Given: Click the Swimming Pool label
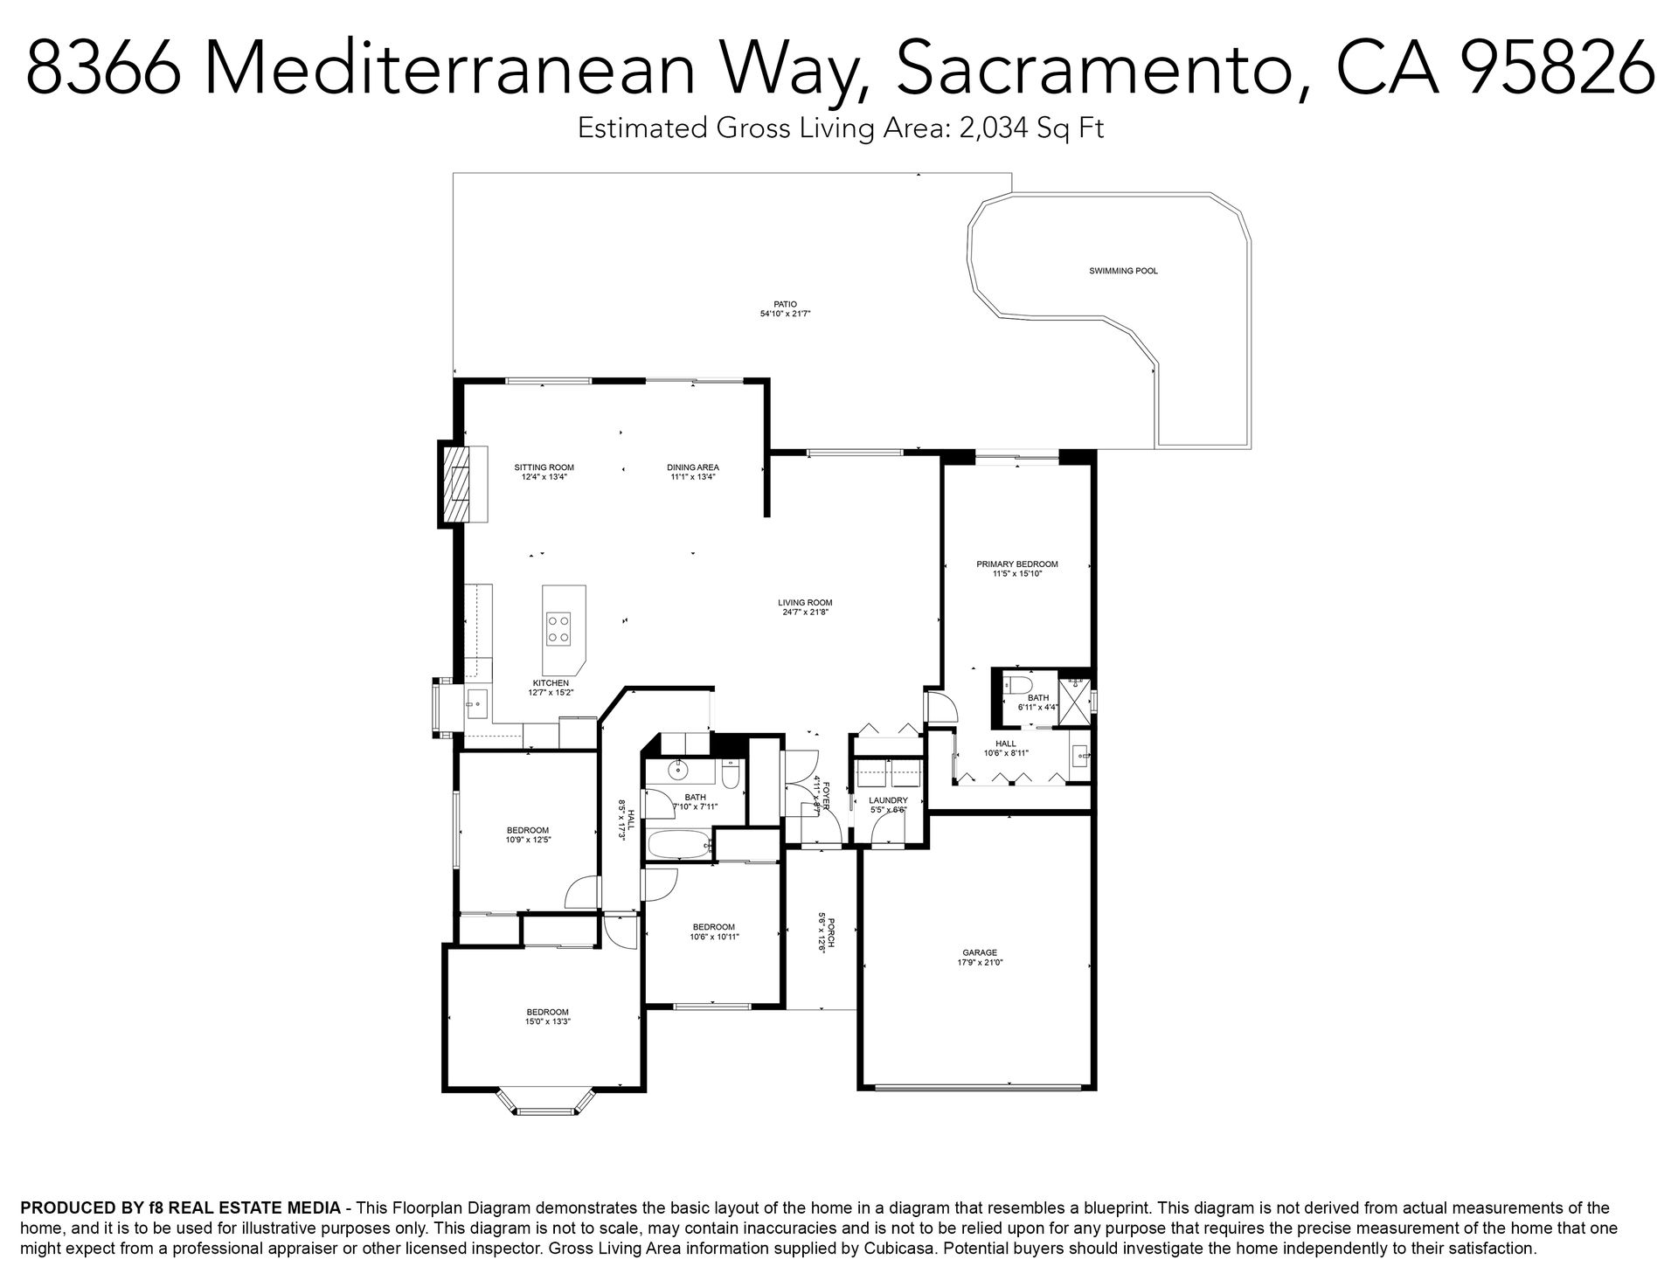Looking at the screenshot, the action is tap(1123, 271).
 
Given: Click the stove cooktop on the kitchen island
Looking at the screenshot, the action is tap(558, 628).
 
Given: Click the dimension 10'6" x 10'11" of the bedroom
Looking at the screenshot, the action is tap(715, 937).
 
